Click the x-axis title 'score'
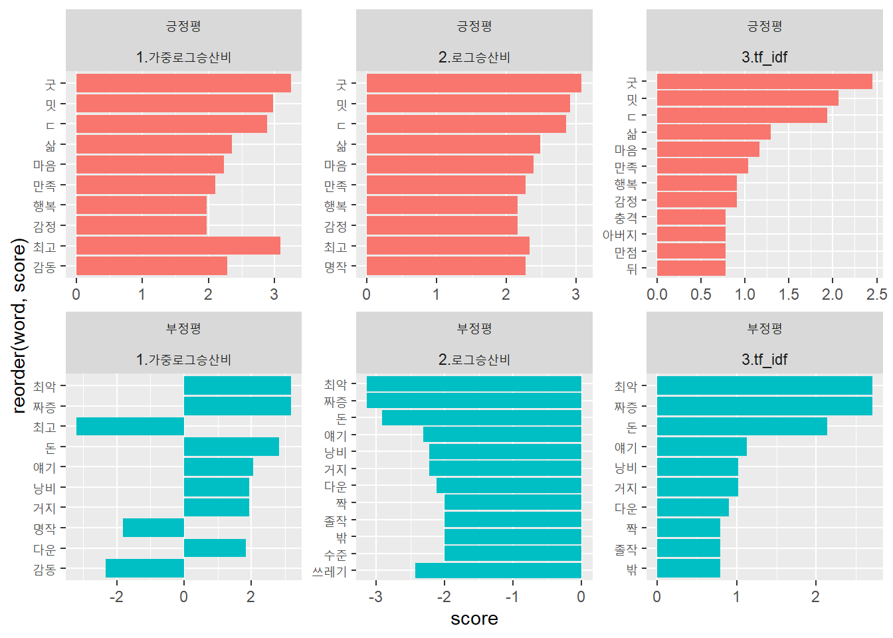[474, 619]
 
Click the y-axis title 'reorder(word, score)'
[19, 326]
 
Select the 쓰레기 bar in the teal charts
[498, 570]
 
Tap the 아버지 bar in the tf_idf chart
[691, 234]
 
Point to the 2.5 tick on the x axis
[877, 294]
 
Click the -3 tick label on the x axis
[376, 597]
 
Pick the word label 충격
[625, 217]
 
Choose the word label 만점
[625, 252]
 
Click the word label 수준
[335, 554]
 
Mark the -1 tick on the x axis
[512, 597]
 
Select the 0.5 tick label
[701, 294]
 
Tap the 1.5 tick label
[789, 294]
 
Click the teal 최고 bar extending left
[130, 427]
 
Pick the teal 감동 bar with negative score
[145, 568]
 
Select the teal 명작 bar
[153, 528]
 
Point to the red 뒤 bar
[691, 268]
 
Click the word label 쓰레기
[330, 571]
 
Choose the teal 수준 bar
[512, 553]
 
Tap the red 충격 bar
[691, 217]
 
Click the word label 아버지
[619, 235]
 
